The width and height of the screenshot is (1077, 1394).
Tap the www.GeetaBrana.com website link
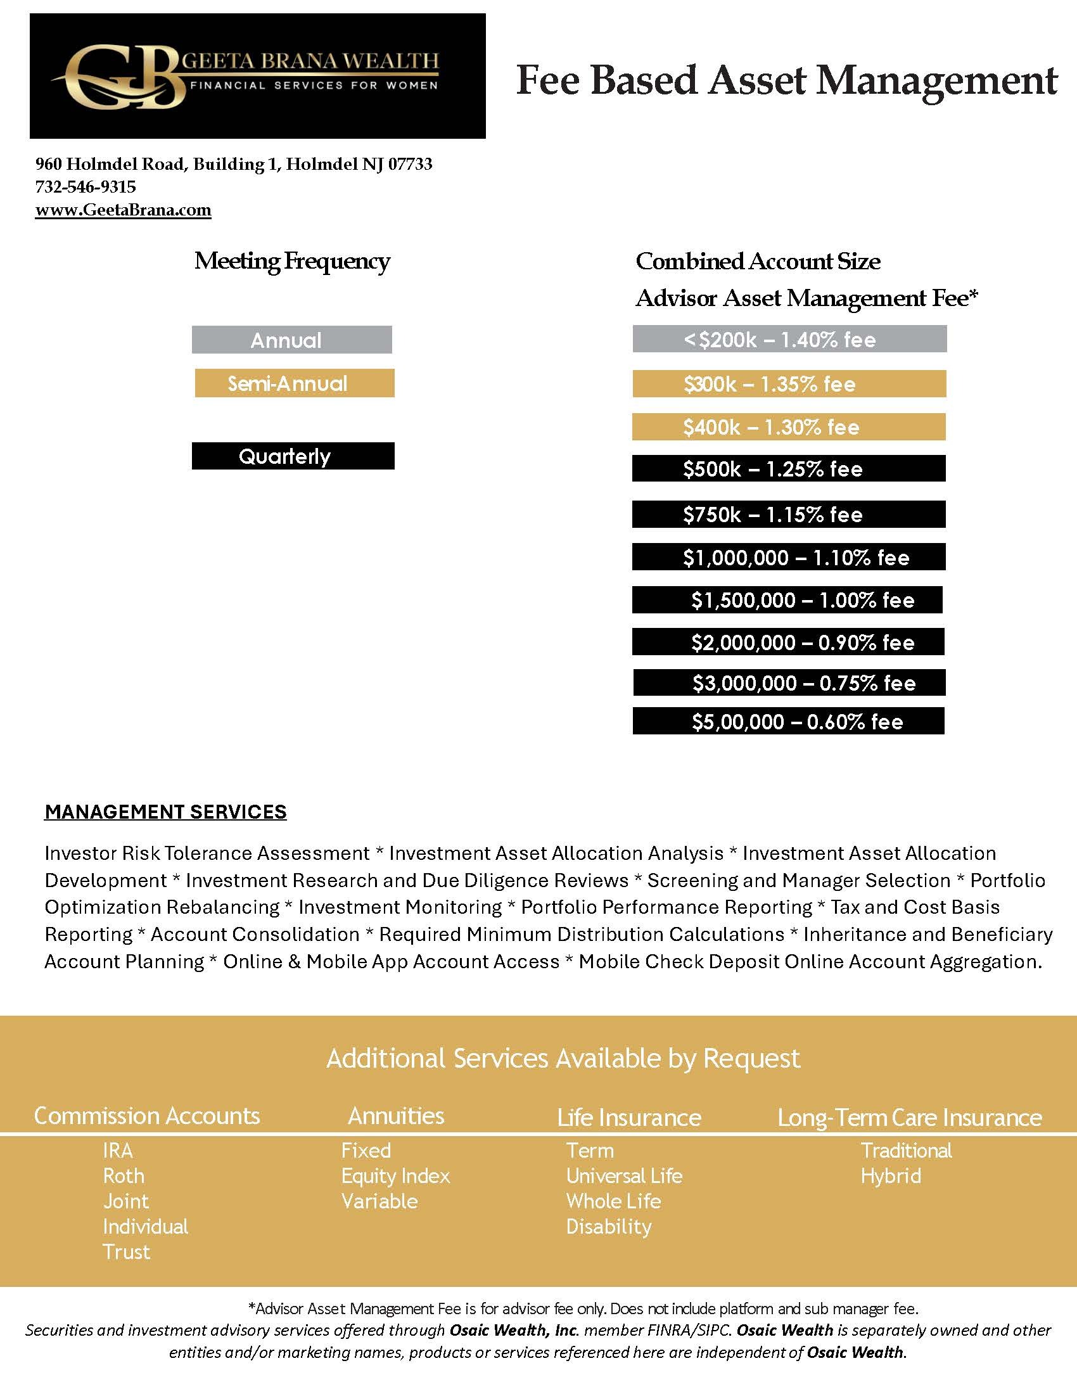pyautogui.click(x=123, y=210)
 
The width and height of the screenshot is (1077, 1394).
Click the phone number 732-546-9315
pyautogui.click(x=86, y=187)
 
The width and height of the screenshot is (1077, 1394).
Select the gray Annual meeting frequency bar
pyautogui.click(x=291, y=340)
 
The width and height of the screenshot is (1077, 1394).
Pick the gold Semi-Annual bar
pyautogui.click(x=294, y=383)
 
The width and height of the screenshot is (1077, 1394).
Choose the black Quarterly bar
pyautogui.click(x=293, y=456)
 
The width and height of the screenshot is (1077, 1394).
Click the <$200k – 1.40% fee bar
pyautogui.click(x=789, y=339)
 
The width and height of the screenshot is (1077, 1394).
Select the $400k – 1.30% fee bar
pyautogui.click(x=789, y=426)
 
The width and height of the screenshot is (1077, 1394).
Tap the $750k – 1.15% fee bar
pyautogui.click(x=789, y=514)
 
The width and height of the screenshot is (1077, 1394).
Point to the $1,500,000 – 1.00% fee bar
pyautogui.click(x=787, y=600)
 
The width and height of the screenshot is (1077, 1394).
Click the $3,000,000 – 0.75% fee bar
pyautogui.click(x=789, y=683)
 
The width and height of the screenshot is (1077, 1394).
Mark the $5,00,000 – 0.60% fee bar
pyautogui.click(x=788, y=721)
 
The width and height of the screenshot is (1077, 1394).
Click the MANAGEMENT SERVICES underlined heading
pyautogui.click(x=165, y=812)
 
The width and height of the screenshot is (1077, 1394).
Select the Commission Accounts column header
pyautogui.click(x=147, y=1116)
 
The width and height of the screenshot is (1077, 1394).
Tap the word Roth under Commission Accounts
pyautogui.click(x=124, y=1175)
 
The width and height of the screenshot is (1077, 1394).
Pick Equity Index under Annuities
pyautogui.click(x=395, y=1175)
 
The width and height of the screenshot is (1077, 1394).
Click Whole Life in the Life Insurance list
pyautogui.click(x=613, y=1201)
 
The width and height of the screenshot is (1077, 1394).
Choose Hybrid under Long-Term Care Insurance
pyautogui.click(x=891, y=1175)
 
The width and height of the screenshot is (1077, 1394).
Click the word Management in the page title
pyautogui.click(x=937, y=81)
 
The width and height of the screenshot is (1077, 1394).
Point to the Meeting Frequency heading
pyautogui.click(x=292, y=261)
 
